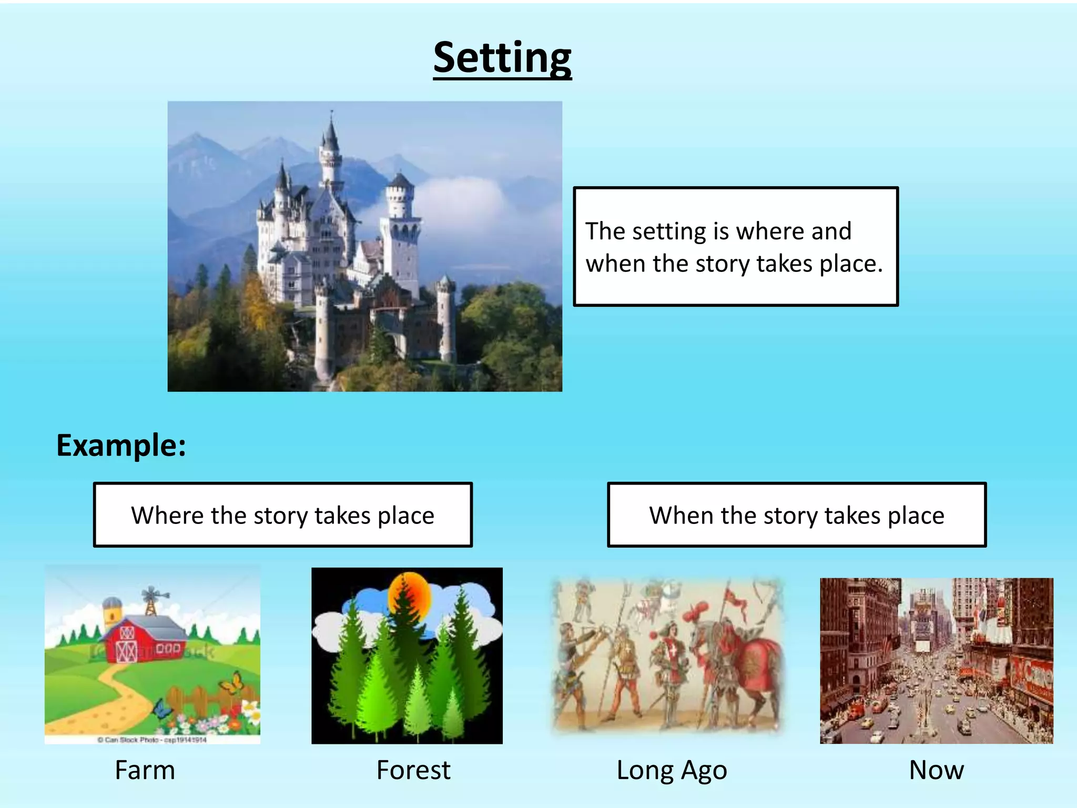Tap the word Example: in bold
[121, 446]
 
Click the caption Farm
[145, 770]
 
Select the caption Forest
[413, 770]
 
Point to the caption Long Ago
[672, 771]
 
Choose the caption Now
[937, 770]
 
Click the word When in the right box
[680, 516]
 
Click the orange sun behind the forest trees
[409, 597]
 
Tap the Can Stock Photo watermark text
[153, 740]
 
